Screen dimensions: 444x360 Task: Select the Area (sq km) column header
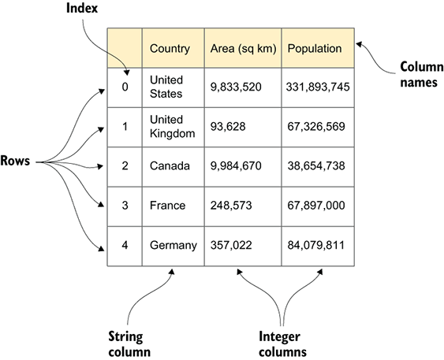[x=243, y=48]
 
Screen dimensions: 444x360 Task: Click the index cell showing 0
[x=125, y=87]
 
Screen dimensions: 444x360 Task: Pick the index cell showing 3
[x=125, y=206]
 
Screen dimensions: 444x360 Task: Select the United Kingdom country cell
[x=173, y=127]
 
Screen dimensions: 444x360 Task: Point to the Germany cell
[x=173, y=246]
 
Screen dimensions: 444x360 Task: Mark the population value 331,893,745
[x=318, y=87]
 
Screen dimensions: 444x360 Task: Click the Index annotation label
[x=82, y=8]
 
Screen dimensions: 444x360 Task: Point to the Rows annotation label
[x=15, y=161]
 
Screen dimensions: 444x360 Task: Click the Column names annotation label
[x=422, y=75]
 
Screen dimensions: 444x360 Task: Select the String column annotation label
[x=129, y=344]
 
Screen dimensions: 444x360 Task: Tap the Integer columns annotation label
[x=282, y=344]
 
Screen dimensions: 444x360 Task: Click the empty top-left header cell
[x=125, y=48]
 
